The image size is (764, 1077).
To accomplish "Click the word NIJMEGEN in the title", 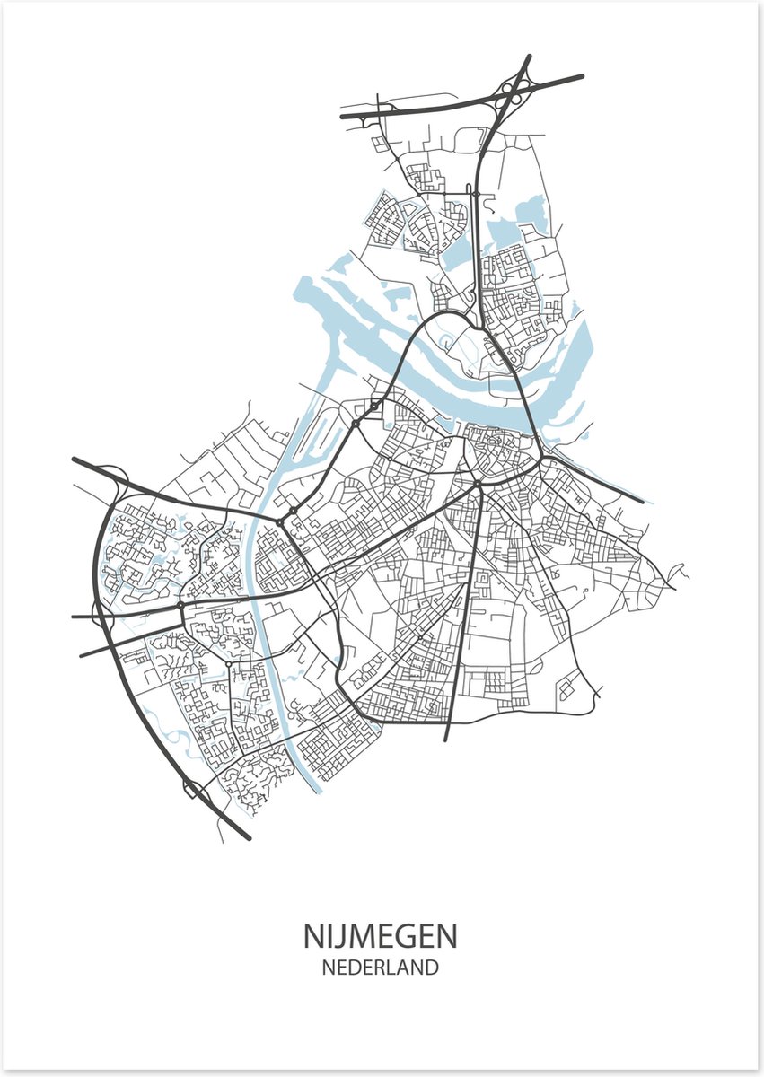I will click(380, 936).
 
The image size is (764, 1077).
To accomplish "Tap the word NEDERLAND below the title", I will click(380, 968).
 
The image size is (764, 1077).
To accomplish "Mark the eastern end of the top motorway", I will click(582, 77).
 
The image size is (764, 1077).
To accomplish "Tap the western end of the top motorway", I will click(343, 116).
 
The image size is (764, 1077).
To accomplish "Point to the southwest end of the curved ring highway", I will click(248, 838).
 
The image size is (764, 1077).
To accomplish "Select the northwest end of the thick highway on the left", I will click(75, 460).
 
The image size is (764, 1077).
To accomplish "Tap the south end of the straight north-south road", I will click(446, 740).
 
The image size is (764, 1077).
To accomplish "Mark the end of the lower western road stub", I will click(82, 655).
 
